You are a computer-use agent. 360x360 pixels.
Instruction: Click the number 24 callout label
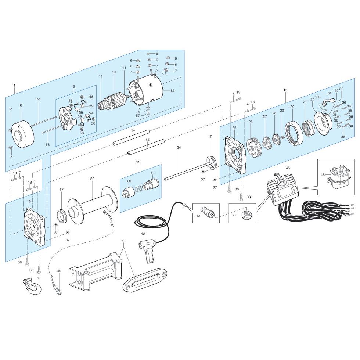pyautogui.click(x=179, y=147)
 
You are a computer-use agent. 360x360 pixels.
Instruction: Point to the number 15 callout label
pyautogui.click(x=285, y=90)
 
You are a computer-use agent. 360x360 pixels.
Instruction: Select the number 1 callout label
pyautogui.click(x=14, y=85)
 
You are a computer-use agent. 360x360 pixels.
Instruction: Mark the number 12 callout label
pyautogui.click(x=172, y=90)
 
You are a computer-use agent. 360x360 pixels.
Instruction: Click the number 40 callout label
pyautogui.click(x=59, y=271)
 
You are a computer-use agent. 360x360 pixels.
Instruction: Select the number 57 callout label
pyautogui.click(x=138, y=116)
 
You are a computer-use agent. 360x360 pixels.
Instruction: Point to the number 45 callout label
pyautogui.click(x=288, y=168)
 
